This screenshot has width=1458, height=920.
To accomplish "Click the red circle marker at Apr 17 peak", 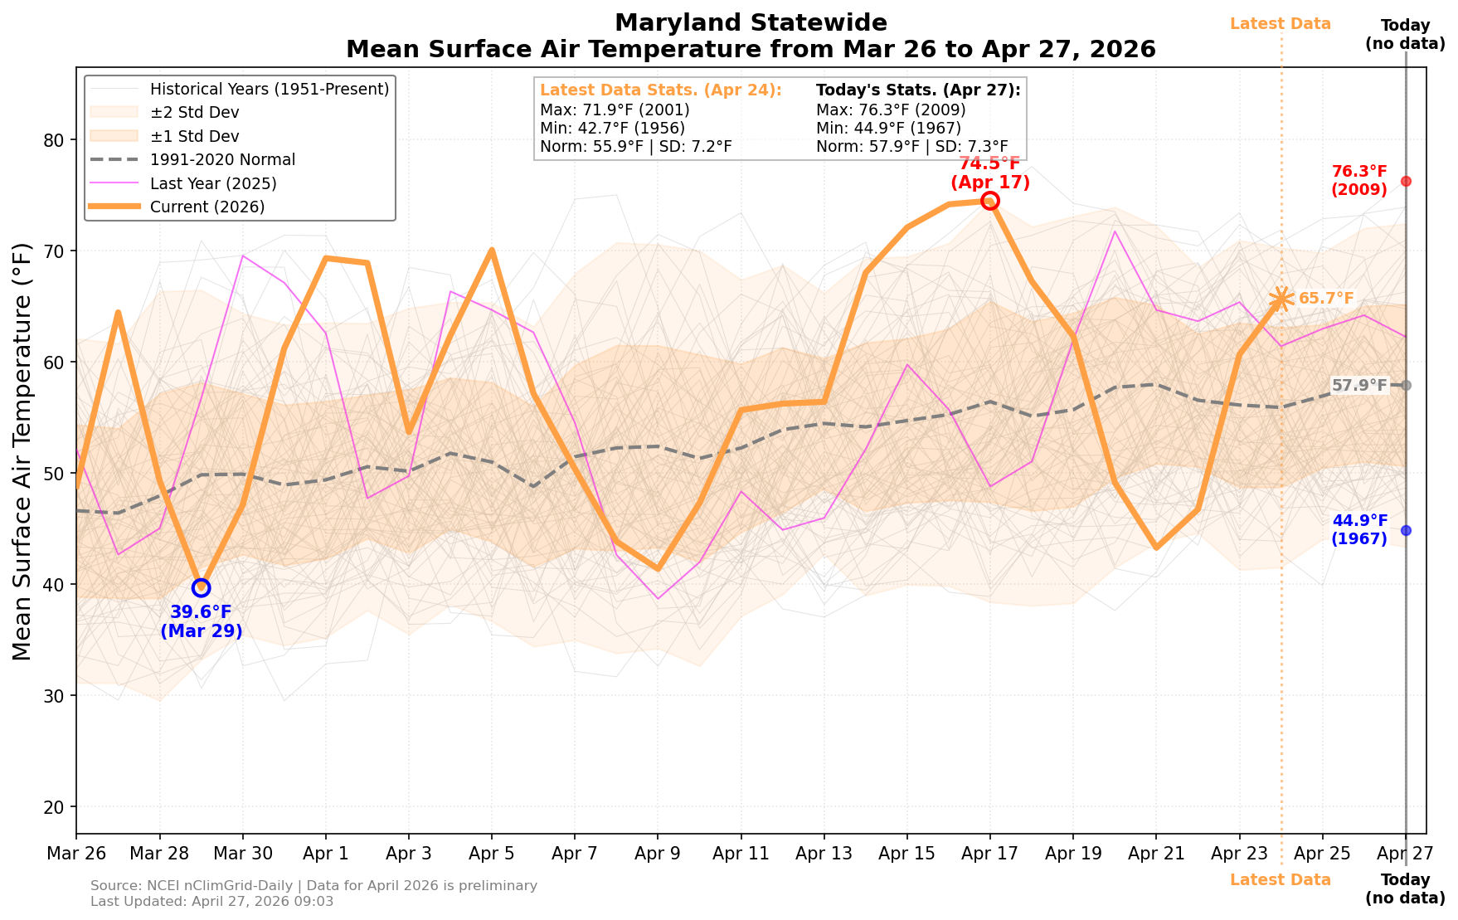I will click(x=989, y=201).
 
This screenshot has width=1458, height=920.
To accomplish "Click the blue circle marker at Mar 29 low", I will click(x=201, y=587).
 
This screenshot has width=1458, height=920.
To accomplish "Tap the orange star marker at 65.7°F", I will click(x=1281, y=299).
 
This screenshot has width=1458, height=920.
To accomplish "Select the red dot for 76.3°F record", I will click(x=1406, y=181).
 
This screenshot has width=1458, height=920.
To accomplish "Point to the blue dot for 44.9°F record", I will click(x=1406, y=530).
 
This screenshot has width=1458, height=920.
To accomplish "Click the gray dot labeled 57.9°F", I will click(x=1406, y=385).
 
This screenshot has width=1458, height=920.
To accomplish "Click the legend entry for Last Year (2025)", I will click(x=213, y=183).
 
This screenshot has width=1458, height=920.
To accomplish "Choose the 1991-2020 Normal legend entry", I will click(x=222, y=159).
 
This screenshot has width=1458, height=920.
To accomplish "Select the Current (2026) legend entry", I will click(x=207, y=207).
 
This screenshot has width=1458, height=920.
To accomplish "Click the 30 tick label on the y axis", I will click(x=55, y=696).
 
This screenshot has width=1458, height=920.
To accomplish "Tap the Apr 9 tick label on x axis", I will click(x=658, y=854).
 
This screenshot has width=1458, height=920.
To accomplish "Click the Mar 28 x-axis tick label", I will click(x=159, y=854).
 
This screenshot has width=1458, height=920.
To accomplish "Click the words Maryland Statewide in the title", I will click(x=751, y=23).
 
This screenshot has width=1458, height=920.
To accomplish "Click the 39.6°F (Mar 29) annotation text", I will click(x=201, y=621).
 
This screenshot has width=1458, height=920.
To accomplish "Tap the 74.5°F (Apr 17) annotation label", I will click(x=989, y=173).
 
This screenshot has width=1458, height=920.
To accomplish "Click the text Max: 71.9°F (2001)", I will click(x=615, y=110).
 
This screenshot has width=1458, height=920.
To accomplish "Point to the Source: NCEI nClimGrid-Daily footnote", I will click(x=313, y=886).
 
